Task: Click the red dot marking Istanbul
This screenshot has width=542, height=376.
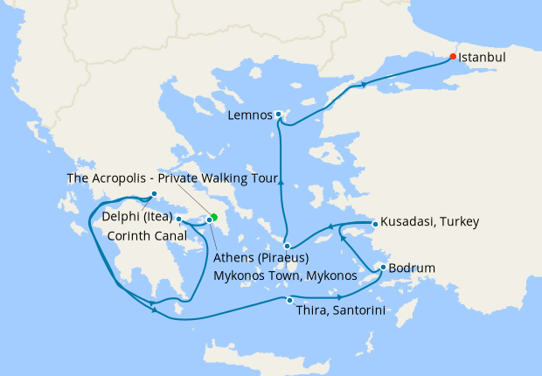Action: tap(452, 57)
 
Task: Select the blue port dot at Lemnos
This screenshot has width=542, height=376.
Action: tap(278, 115)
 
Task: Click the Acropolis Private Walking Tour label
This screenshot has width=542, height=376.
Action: tap(172, 178)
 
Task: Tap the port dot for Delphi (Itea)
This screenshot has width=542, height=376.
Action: tap(153, 194)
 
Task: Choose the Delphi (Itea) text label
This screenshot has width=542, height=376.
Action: tap(136, 217)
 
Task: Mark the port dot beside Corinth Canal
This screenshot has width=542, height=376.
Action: tap(178, 219)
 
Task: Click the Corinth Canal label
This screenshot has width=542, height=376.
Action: tap(145, 235)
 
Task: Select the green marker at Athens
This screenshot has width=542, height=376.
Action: tap(214, 217)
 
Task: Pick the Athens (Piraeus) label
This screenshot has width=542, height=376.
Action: tap(262, 258)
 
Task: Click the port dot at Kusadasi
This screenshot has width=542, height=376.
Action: tap(374, 224)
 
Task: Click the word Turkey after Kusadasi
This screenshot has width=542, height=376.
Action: tap(461, 223)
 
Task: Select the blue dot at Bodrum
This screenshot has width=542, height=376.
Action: tap(383, 267)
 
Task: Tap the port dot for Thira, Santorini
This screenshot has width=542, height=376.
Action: tap(289, 301)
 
